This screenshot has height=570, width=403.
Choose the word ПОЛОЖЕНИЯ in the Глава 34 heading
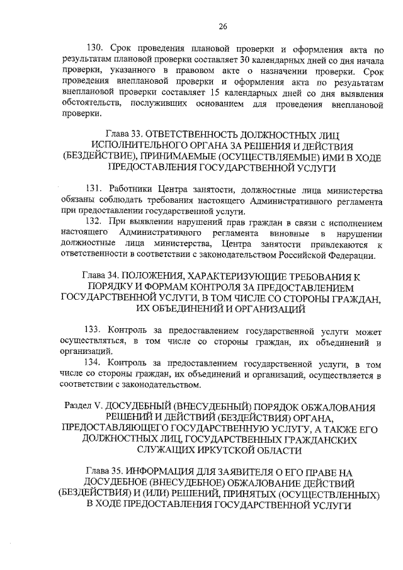[155, 276]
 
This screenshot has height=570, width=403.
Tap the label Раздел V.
[81, 407]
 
